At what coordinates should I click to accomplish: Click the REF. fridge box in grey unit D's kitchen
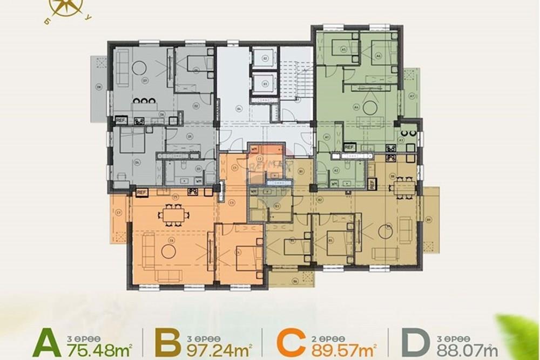[x=121, y=121]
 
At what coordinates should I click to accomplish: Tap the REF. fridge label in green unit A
[x=349, y=147]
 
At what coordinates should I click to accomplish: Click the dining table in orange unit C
[x=174, y=215]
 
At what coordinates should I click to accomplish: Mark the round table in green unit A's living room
[x=370, y=107]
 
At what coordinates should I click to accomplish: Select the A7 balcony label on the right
[x=411, y=96]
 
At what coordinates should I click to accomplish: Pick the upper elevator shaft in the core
[x=265, y=59]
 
